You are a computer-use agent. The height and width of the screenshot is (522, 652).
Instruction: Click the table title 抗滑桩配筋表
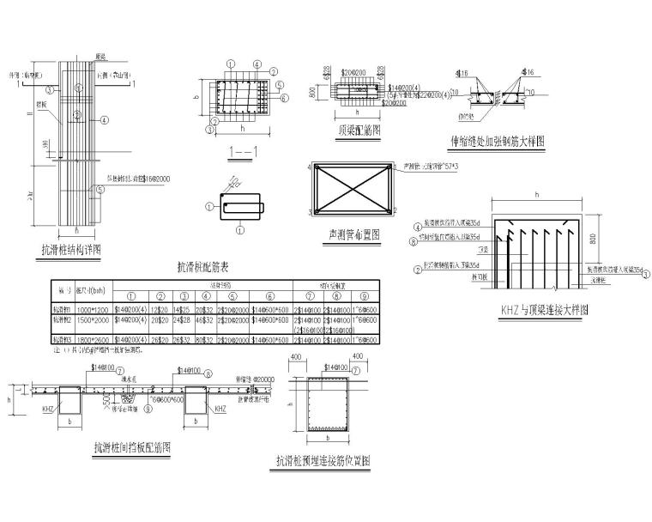coord(203,267)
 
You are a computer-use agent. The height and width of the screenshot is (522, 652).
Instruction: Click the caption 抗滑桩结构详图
coord(71,250)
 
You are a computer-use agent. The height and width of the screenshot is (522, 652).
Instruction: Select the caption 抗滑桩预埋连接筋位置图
coord(323,460)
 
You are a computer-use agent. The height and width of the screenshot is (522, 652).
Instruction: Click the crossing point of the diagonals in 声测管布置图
coord(354,187)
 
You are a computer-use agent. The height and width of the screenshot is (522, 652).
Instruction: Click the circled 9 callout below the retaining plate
coord(151,410)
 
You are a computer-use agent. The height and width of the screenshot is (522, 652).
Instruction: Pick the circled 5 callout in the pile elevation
coord(100,191)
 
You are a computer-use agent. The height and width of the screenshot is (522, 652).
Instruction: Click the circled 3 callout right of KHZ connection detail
coord(646,274)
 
